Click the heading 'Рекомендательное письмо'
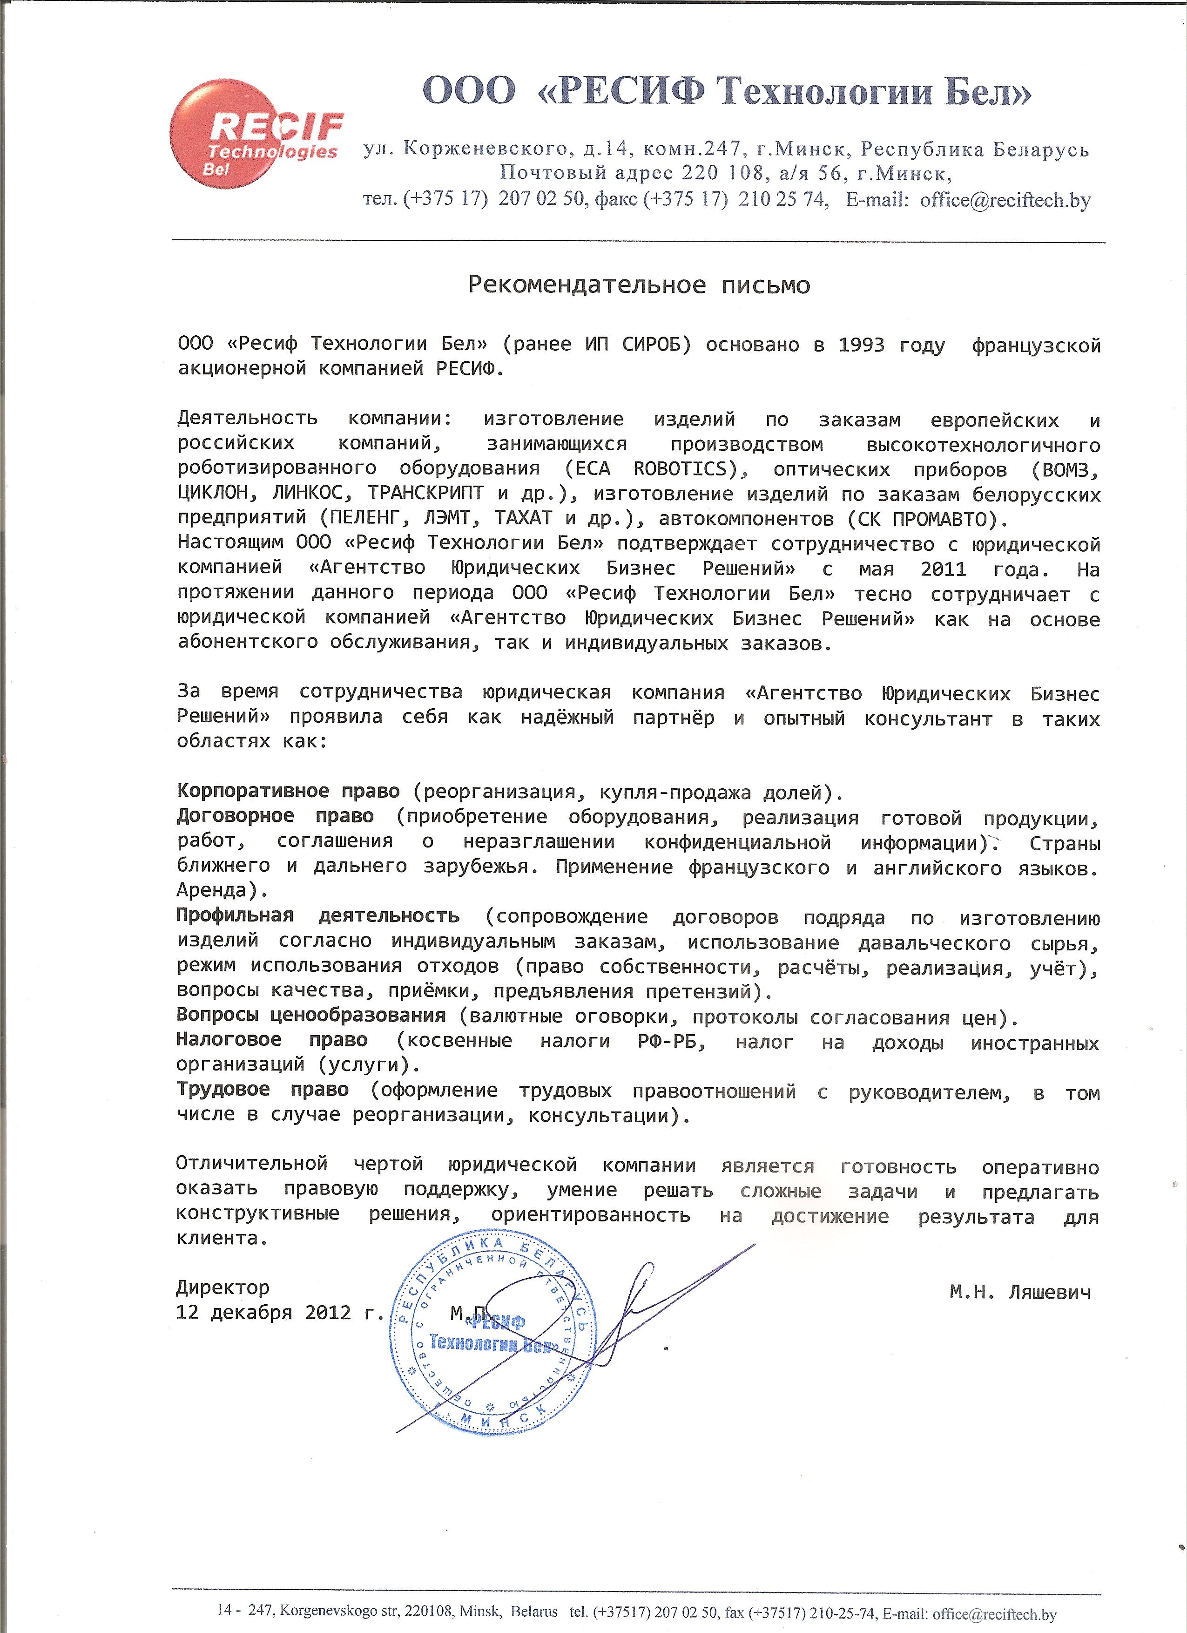click(639, 285)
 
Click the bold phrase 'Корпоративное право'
click(288, 791)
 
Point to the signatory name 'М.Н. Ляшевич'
click(1019, 1292)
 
